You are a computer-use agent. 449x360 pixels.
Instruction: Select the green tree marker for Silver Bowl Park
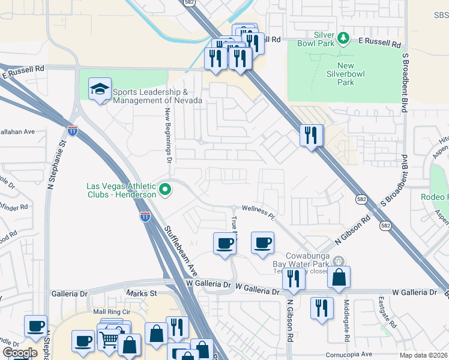click(x=343, y=38)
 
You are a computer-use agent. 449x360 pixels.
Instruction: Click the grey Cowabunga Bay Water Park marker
click(x=339, y=261)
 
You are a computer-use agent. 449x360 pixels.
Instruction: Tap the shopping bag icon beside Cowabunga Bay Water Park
click(x=339, y=277)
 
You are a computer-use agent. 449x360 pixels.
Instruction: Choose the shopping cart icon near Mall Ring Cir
click(x=109, y=340)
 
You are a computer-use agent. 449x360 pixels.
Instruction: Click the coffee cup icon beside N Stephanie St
click(x=35, y=326)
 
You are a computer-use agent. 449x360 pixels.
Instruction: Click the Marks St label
click(x=141, y=293)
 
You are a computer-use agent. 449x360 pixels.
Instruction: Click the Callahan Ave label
click(x=18, y=131)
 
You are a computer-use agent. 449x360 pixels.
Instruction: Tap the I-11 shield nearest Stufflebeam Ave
click(x=145, y=217)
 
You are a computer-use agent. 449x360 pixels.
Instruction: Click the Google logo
click(x=20, y=353)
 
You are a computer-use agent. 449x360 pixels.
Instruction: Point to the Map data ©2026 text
click(x=423, y=355)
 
